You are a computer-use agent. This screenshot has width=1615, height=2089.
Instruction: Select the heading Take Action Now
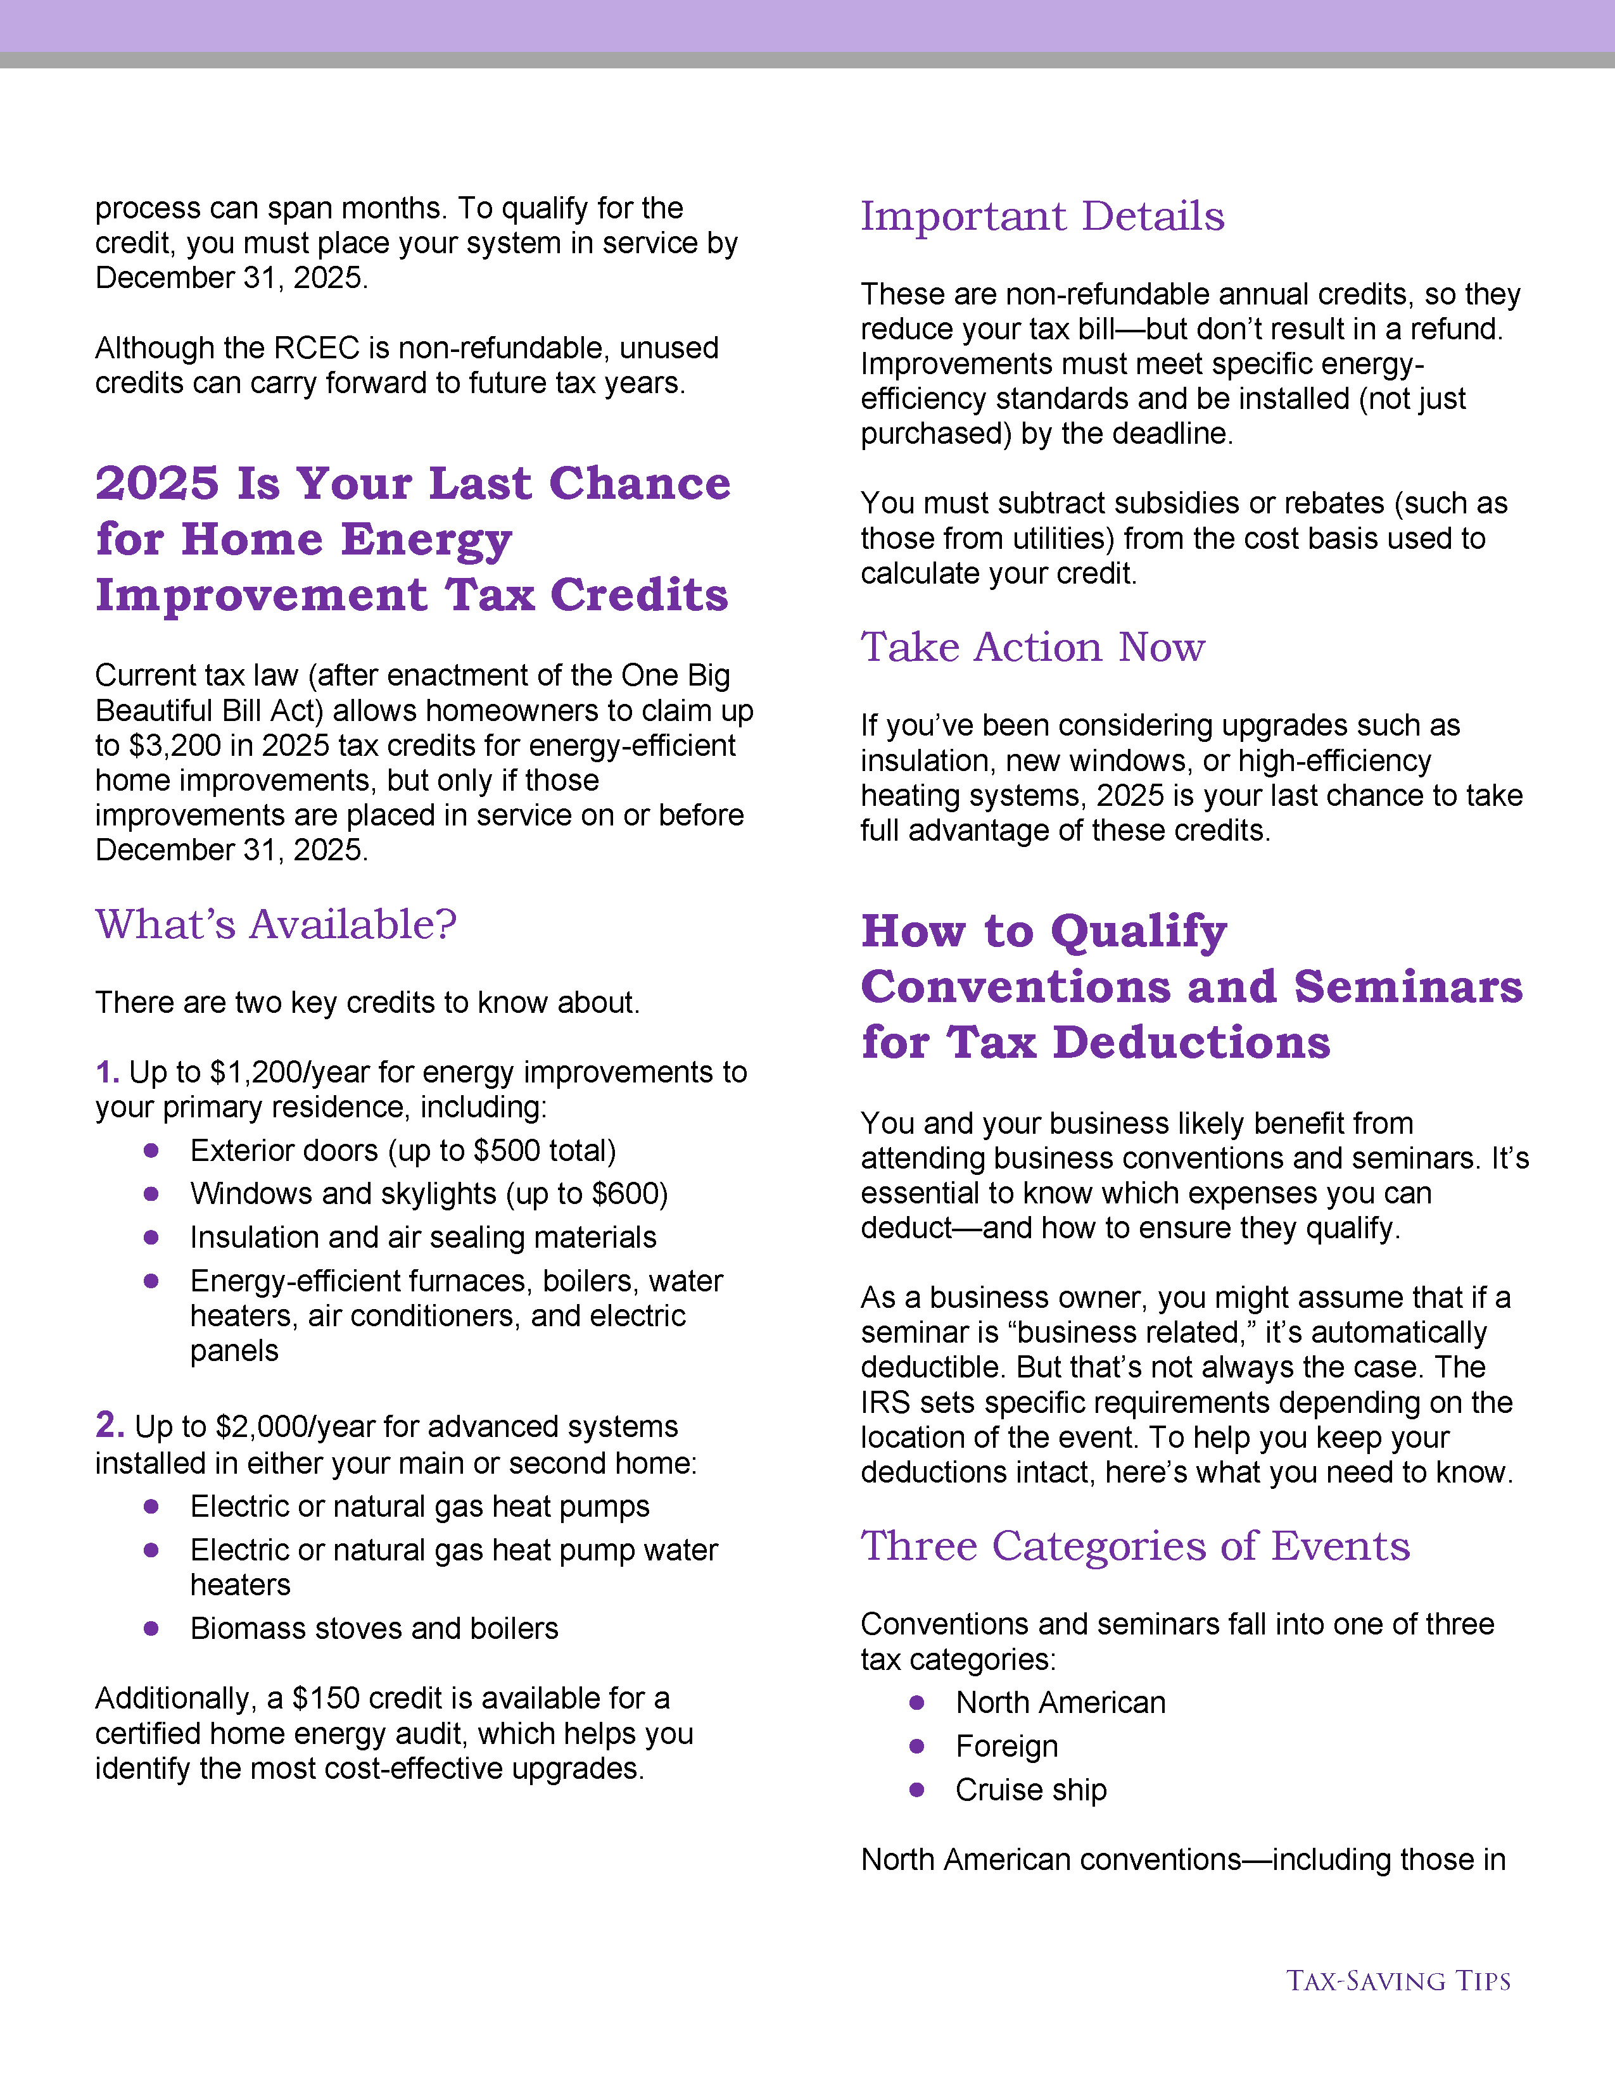tap(1032, 648)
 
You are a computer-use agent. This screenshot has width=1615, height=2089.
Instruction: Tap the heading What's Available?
tap(275, 925)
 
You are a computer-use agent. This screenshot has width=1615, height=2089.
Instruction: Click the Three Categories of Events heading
tap(1135, 1546)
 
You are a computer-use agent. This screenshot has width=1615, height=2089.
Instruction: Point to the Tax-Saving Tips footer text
tap(1398, 1981)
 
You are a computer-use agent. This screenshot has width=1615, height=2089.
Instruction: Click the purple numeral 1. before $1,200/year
tap(107, 1072)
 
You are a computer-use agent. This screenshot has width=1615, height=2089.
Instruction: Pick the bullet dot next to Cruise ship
tap(916, 1789)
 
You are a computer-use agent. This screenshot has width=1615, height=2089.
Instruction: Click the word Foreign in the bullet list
tap(1006, 1747)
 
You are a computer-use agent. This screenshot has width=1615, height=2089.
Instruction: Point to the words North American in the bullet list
tap(1060, 1703)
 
